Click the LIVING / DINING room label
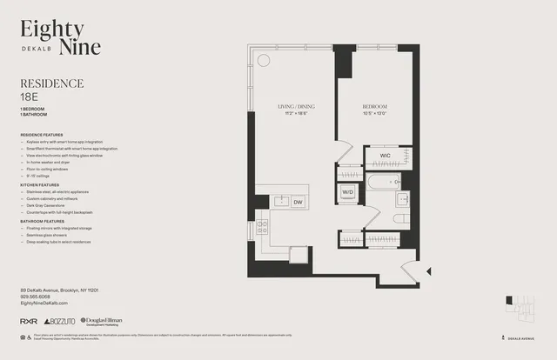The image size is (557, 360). pyautogui.click(x=296, y=107)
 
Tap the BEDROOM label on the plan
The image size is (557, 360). pyautogui.click(x=375, y=107)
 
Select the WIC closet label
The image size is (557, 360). pyautogui.click(x=384, y=156)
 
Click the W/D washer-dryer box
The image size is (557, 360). pyautogui.click(x=347, y=190)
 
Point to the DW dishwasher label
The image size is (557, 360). pyautogui.click(x=298, y=202)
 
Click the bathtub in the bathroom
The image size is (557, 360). pyautogui.click(x=383, y=183)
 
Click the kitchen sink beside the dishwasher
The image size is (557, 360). pyautogui.click(x=280, y=202)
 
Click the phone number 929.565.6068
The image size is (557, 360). pyautogui.click(x=37, y=297)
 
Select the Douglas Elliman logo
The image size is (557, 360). pyautogui.click(x=100, y=322)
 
